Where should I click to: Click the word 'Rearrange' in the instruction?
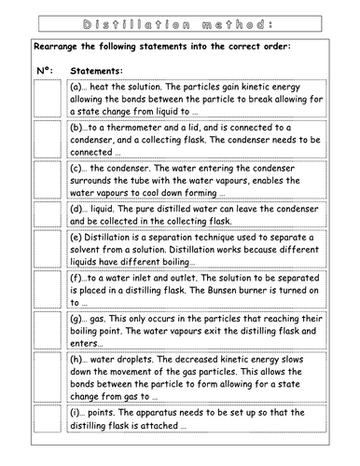[59, 46]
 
